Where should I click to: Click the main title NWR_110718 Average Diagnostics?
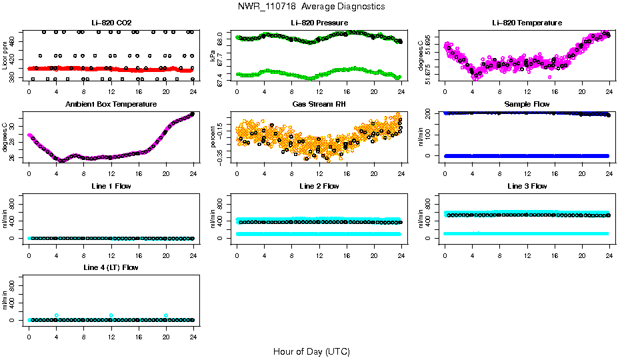(x=311, y=7)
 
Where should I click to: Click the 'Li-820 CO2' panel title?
(x=111, y=23)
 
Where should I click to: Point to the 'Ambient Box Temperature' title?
(x=111, y=105)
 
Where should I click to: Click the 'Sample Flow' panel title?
(x=527, y=105)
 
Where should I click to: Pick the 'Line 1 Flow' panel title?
(x=111, y=186)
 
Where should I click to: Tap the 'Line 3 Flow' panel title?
(x=527, y=186)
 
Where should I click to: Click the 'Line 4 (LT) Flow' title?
(x=111, y=267)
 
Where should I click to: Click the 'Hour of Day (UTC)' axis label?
(x=311, y=351)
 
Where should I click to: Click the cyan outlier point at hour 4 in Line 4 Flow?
(x=57, y=315)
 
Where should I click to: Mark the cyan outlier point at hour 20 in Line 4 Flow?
(x=166, y=315)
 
